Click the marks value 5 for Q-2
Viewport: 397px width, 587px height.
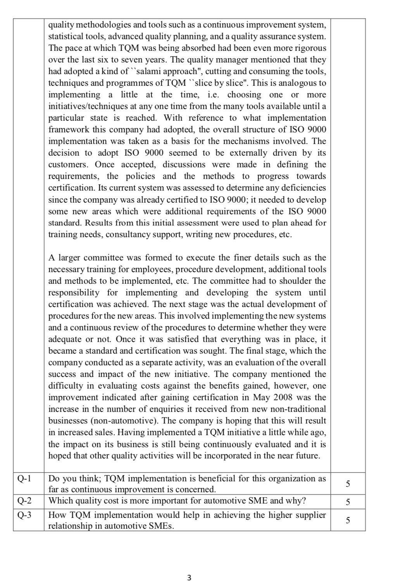point(348,502)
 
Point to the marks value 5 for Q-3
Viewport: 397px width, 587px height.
point(348,520)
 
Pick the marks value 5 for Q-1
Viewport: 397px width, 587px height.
point(348,484)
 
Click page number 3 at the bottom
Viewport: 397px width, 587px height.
point(189,577)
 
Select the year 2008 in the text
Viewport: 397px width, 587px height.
point(285,398)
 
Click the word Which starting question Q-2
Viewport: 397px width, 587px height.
point(59,501)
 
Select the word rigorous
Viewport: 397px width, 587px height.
point(309,48)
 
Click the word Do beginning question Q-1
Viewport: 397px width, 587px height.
point(54,478)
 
